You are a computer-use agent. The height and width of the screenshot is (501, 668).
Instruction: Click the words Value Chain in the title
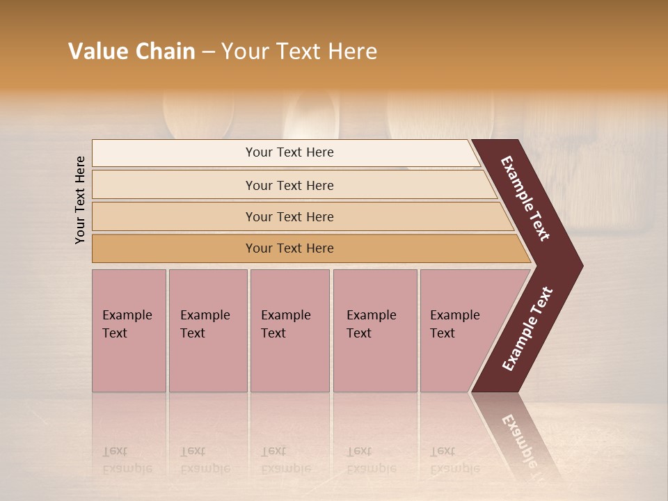132,51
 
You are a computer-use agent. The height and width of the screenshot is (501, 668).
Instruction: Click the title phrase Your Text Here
299,51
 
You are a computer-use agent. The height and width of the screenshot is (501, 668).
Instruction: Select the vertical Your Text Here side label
80,200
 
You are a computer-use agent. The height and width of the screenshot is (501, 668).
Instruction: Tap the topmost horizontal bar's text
289,152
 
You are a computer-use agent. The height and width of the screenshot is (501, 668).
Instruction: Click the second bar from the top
289,185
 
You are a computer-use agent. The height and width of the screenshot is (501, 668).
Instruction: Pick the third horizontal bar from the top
289,216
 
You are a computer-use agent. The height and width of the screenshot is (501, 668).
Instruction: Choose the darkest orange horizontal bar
289,248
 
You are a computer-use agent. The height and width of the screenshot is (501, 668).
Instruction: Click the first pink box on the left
129,331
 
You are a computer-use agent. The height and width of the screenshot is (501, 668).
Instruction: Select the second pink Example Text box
207,331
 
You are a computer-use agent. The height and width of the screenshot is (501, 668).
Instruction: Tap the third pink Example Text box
289,331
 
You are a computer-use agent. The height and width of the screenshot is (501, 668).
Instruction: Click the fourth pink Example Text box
374,331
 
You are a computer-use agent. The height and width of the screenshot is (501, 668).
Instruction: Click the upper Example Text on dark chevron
525,198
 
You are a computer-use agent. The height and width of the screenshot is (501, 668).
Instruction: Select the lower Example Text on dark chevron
527,329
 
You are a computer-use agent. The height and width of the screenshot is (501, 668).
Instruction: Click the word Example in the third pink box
285,315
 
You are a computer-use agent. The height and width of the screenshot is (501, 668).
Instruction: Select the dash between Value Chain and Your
207,52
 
